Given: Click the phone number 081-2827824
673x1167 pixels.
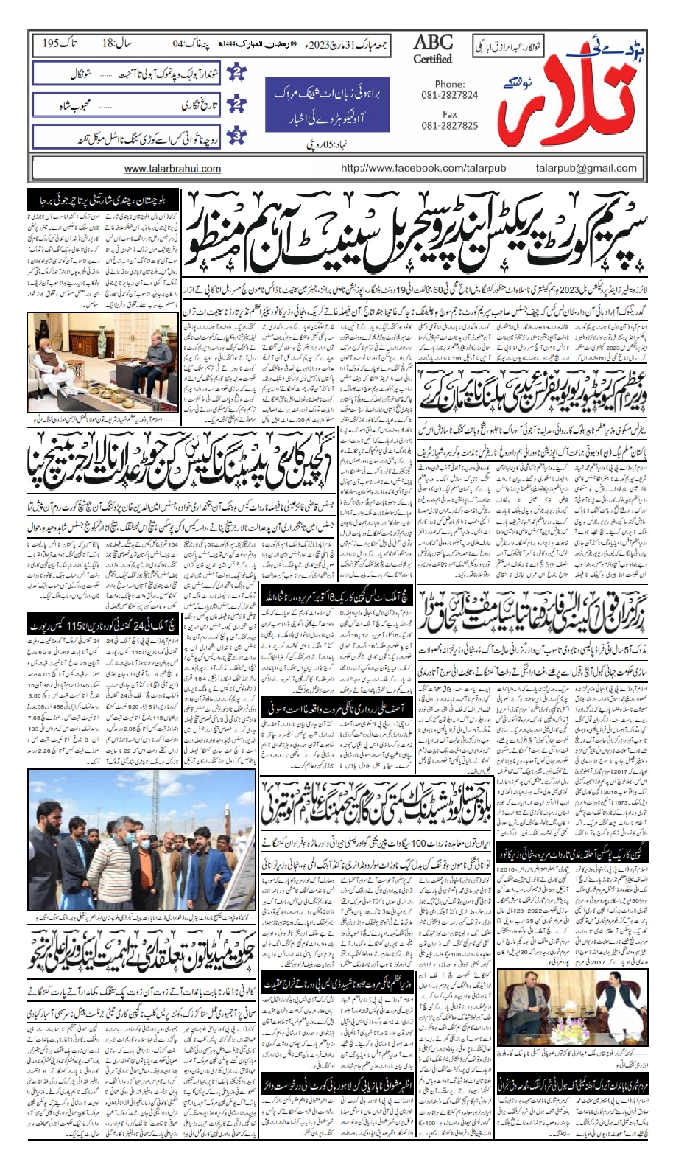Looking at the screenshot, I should point(449,95).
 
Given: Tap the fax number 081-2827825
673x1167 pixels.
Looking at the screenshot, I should point(449,125).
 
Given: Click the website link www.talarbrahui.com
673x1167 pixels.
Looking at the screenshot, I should point(172,169).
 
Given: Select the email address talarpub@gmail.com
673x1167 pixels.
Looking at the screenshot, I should point(586,168).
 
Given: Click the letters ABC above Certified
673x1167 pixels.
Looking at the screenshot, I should point(433,42).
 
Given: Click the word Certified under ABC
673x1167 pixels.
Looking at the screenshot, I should point(432,59).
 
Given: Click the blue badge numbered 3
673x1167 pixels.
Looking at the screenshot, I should point(237,136).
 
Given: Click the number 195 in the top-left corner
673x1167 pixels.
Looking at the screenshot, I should point(52,43).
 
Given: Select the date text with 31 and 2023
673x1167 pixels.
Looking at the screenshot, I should point(348,43).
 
